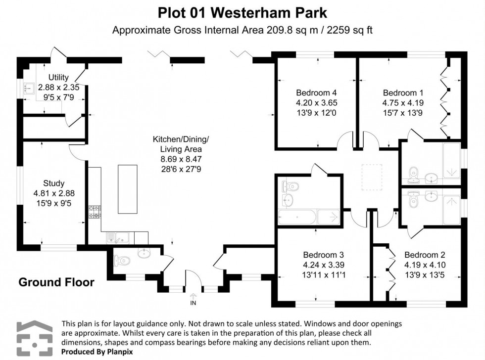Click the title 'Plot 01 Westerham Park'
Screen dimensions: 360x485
tap(242, 11)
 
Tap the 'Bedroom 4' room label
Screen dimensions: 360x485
tap(316, 92)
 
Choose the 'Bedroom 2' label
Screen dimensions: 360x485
tap(425, 255)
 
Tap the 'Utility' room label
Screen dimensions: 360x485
tap(58, 77)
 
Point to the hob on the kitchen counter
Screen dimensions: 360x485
tap(95, 212)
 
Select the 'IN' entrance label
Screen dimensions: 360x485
tap(193, 303)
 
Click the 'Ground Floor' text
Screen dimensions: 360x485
tap(56, 282)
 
